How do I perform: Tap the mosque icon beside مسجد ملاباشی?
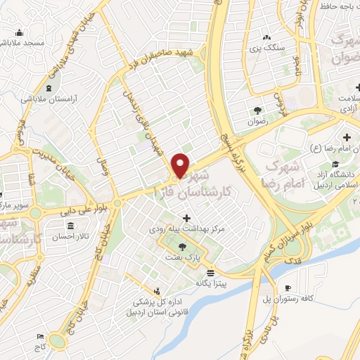pos(18,32)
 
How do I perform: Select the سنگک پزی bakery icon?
pos(266,38)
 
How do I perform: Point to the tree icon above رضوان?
pos(258,110)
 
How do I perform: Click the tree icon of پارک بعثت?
pos(183,246)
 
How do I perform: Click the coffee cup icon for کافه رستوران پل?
pos(288,288)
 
